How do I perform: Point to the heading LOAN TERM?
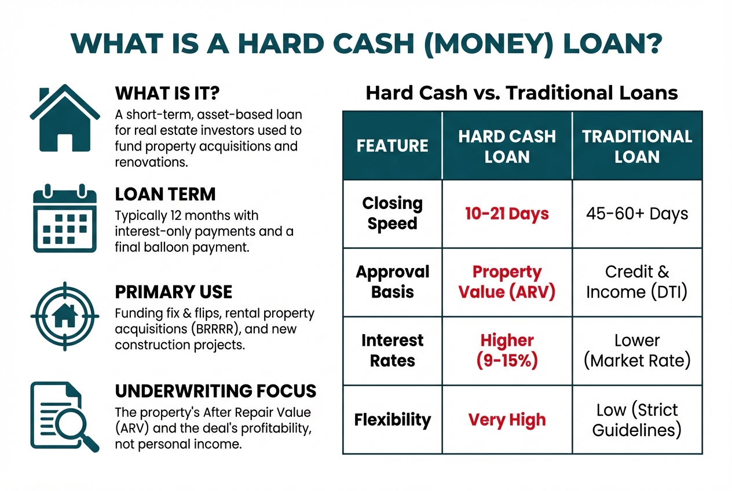pyautogui.click(x=165, y=193)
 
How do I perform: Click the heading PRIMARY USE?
pyautogui.click(x=174, y=292)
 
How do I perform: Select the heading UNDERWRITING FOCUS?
pyautogui.click(x=215, y=391)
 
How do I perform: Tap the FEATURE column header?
pyautogui.click(x=392, y=146)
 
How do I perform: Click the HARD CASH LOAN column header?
pyautogui.click(x=507, y=146)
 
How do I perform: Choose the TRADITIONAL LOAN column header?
pyautogui.click(x=637, y=146)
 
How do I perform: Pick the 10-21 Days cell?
pyautogui.click(x=507, y=214)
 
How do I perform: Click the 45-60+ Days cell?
pyautogui.click(x=637, y=214)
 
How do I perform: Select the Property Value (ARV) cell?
pyautogui.click(x=507, y=282)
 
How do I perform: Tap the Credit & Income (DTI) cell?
pyautogui.click(x=637, y=282)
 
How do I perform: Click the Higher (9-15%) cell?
pyautogui.click(x=507, y=350)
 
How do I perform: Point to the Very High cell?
pyautogui.click(x=507, y=420)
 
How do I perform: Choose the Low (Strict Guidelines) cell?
pyautogui.click(x=637, y=420)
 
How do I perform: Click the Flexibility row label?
pyautogui.click(x=392, y=420)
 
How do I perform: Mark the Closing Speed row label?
pyautogui.click(x=392, y=214)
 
